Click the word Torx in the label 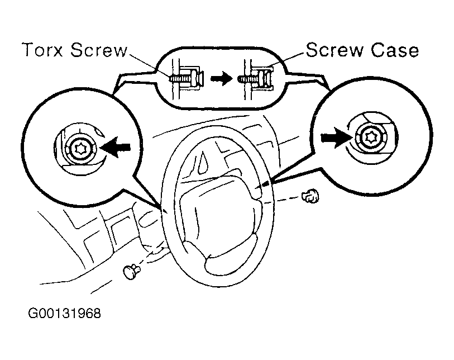click(42, 50)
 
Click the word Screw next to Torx click(99, 50)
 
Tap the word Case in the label click(395, 50)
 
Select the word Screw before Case click(334, 50)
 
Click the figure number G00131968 click(64, 314)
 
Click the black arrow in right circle click(337, 138)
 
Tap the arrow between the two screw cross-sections click(222, 79)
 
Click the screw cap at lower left click(131, 272)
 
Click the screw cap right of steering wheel click(310, 196)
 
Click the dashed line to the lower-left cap click(152, 255)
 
